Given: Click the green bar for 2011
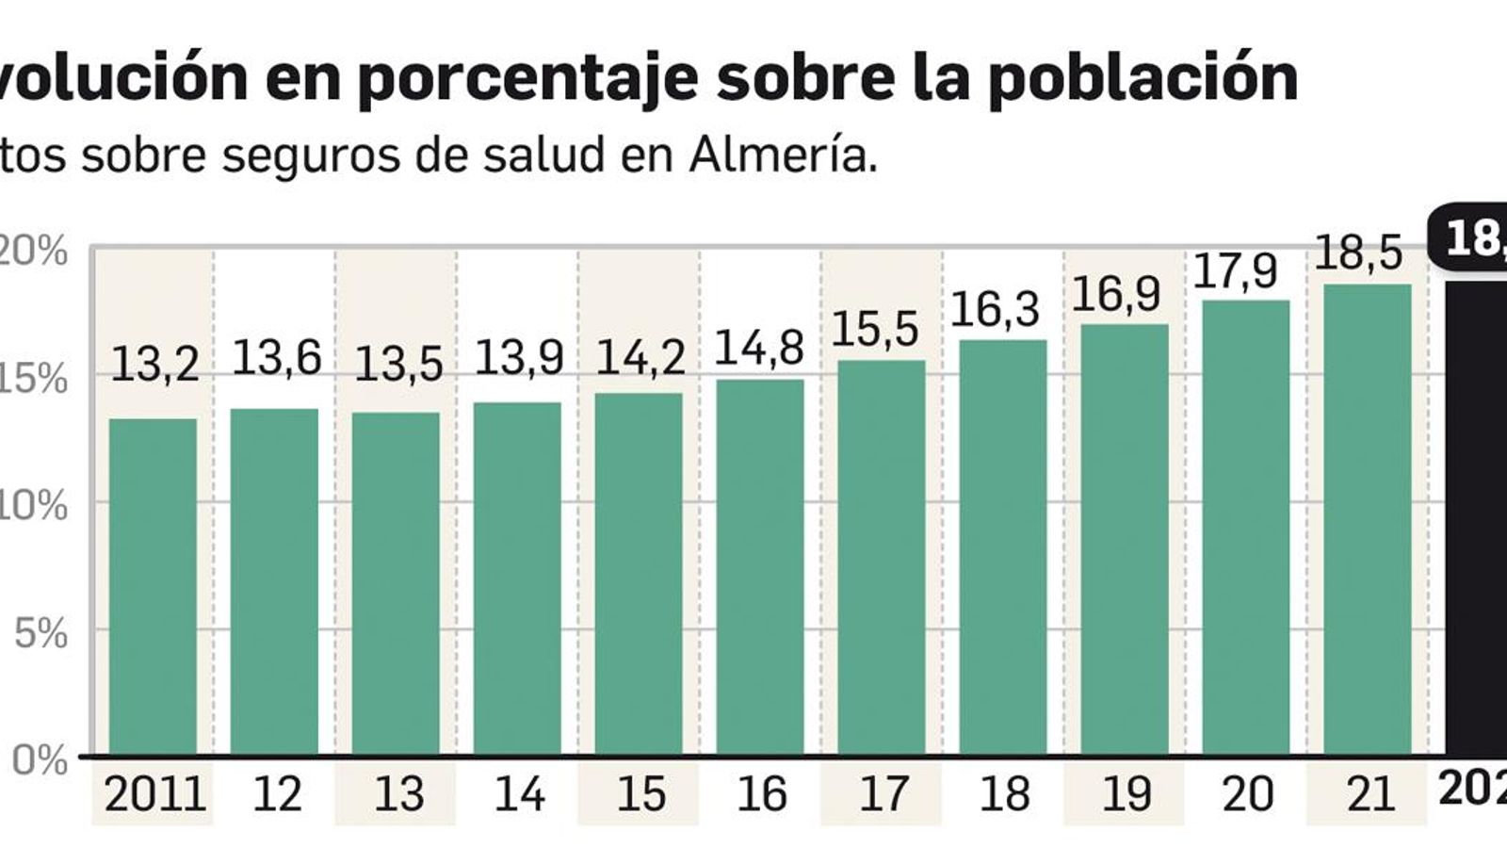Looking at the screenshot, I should point(153,586).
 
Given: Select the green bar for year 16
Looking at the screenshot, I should point(760,566).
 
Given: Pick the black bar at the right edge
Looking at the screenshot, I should point(1476,518).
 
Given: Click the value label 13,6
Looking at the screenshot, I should point(276,358).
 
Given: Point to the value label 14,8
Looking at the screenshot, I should point(759,348).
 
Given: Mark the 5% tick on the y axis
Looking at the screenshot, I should point(40,634).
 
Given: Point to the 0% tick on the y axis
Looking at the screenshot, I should point(40,760).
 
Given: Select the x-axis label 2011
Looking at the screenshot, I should point(154,794).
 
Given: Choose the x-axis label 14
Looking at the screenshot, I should point(519,794).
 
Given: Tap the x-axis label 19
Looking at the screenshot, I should point(1126,794).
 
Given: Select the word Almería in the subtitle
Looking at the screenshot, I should point(783,155).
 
